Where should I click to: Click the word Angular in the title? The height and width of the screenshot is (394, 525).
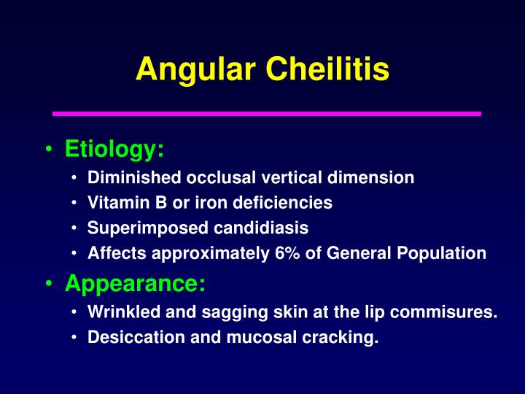(x=195, y=69)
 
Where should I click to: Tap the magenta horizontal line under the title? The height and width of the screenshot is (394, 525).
(x=267, y=114)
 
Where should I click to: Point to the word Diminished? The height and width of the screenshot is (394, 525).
(x=135, y=177)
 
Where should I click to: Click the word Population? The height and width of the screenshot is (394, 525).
(x=443, y=254)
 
